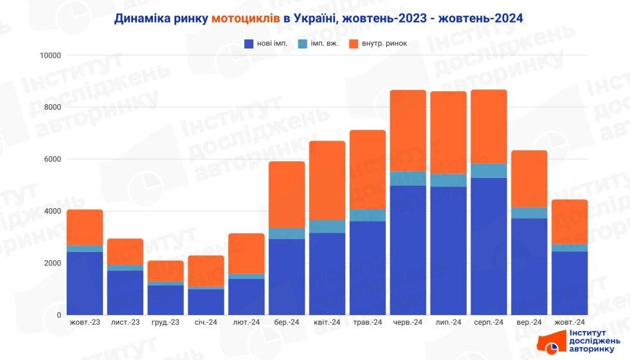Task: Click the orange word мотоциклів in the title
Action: [x=245, y=18]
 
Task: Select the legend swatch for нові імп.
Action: [x=249, y=44]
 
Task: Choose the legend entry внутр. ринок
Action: [x=383, y=44]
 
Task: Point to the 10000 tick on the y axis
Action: [x=50, y=55]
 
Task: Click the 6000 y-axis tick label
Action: [x=51, y=159]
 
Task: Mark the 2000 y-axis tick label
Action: [x=51, y=263]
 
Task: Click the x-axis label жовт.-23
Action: [x=84, y=322]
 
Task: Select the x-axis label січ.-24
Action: [x=206, y=322]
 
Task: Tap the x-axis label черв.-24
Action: [x=408, y=322]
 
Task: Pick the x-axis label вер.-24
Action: [x=529, y=322]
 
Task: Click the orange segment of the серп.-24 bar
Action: [x=489, y=126]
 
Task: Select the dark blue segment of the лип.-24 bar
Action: [x=448, y=251]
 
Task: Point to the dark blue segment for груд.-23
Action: [x=165, y=300]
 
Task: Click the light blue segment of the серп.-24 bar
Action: [x=489, y=170]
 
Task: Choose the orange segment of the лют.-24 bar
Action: [x=246, y=253]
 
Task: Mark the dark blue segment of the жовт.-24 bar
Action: [x=570, y=283]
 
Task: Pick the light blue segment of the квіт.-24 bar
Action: [x=327, y=226]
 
